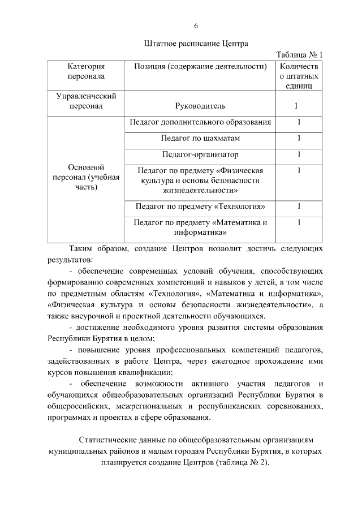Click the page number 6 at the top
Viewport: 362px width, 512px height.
196,26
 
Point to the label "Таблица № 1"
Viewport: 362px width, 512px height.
299,55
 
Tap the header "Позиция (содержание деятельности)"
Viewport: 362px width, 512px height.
200,66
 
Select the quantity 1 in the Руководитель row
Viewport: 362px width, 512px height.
298,106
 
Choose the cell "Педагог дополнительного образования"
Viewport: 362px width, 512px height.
200,122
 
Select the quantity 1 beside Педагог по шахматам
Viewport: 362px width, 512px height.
298,138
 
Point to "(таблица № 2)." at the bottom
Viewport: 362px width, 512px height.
243,462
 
